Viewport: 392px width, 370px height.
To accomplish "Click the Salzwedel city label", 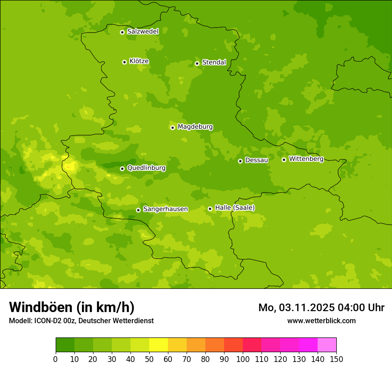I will pos(143,32).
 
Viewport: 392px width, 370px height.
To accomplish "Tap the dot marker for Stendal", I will pos(197,63).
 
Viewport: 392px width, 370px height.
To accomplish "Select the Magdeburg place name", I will pos(195,127).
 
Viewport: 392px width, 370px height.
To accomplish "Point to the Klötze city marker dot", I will pos(124,62).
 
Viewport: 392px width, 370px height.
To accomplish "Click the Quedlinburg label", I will pos(146,168).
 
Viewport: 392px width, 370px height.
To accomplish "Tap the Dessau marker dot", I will pos(240,161).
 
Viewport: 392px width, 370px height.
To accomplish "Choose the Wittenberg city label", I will pos(306,159).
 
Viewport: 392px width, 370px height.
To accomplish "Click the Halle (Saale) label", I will pos(235,208).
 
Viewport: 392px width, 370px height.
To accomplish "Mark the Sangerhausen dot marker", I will pos(138,210).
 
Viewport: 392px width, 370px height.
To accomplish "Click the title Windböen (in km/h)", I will pos(72,307).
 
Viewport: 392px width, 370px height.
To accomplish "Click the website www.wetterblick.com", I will pos(321,321).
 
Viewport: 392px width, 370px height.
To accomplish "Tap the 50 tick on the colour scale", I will pos(149,359).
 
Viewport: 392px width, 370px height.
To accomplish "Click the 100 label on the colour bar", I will pos(243,359).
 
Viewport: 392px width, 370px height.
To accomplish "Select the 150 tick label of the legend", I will pos(336,359).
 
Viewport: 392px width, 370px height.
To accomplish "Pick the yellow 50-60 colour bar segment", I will pos(159,345).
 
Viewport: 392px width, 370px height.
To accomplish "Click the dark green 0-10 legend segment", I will pos(65,345).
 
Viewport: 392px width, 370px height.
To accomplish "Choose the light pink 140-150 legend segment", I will pos(327,345).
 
